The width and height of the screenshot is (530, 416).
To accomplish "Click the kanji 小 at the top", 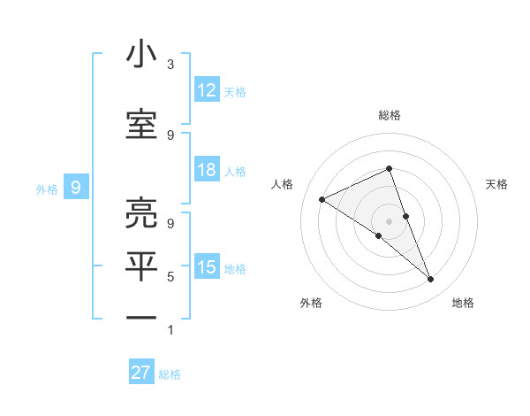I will point(141,55).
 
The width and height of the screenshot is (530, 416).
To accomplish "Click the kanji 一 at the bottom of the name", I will point(141,316).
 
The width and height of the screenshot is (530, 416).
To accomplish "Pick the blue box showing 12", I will point(207,90).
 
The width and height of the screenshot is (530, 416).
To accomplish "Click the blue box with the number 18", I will point(207,170).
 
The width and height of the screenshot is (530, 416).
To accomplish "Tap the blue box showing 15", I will point(207,267).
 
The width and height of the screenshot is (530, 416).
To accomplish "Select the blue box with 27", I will point(141,373).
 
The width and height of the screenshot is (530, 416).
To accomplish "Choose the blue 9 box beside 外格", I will point(76,188).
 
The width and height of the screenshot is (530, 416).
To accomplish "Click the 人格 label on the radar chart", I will point(283,184).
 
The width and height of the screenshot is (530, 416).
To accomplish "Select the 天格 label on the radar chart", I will point(497,184).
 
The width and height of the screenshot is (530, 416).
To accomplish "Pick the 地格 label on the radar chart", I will point(463,303).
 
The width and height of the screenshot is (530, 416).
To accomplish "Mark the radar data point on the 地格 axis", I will point(431,280).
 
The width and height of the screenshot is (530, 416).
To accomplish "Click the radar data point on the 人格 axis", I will point(322,199).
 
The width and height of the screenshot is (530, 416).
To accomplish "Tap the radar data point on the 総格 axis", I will point(389,168).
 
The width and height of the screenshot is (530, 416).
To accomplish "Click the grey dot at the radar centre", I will point(389,220).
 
